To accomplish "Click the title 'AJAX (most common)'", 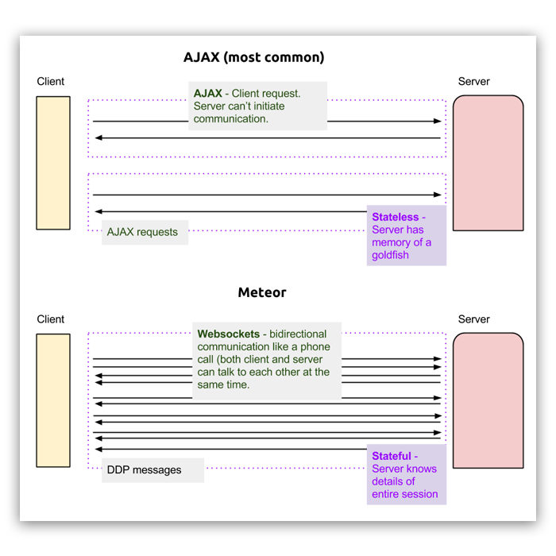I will [x=253, y=58].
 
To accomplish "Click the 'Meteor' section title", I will [x=262, y=292].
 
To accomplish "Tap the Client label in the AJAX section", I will [x=51, y=82].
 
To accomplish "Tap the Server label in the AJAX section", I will [x=474, y=82].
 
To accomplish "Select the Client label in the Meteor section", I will [x=51, y=319].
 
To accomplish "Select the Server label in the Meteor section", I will [x=474, y=319].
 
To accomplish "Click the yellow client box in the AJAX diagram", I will [x=53, y=163].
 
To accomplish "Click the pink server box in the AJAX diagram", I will [x=488, y=163].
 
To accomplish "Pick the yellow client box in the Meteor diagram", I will [x=53, y=400].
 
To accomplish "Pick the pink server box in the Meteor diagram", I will [x=488, y=400].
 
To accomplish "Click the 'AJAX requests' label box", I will [x=143, y=232].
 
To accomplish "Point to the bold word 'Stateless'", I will [x=395, y=217].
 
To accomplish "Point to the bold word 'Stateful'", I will [x=392, y=456].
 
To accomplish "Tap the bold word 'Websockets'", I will [x=230, y=334].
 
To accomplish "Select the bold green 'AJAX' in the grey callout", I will [x=208, y=94].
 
